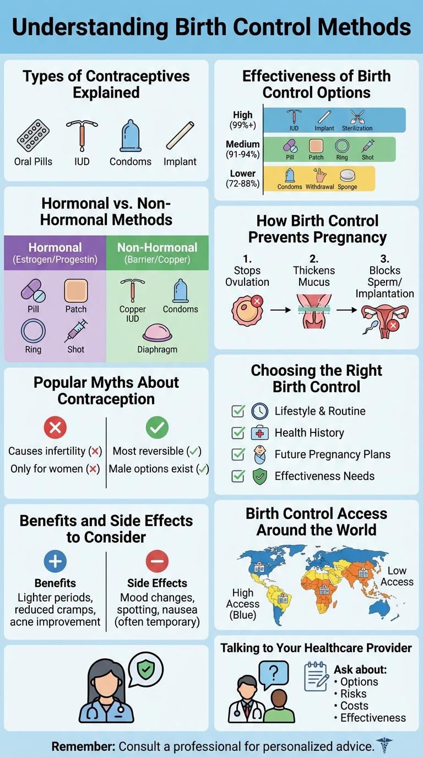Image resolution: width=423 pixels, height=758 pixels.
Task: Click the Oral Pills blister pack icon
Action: pos(34,135)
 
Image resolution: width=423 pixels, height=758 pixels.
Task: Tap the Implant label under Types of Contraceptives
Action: pos(180,162)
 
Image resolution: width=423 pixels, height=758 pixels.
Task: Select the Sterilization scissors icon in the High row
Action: pos(356,116)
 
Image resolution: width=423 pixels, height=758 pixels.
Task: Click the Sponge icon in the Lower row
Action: pos(348,175)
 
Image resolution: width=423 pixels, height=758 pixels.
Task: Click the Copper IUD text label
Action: pos(133,314)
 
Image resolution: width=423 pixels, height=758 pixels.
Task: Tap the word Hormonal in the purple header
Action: pos(55,248)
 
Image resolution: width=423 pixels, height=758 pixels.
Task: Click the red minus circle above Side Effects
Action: pos(157,561)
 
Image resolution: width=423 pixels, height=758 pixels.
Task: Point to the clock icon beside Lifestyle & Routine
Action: pos(260,412)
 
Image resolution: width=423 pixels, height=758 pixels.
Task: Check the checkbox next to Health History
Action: pos(238,433)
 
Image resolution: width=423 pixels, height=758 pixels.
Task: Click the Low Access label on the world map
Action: pos(397,576)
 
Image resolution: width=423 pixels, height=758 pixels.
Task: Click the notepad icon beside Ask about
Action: pos(317,676)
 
